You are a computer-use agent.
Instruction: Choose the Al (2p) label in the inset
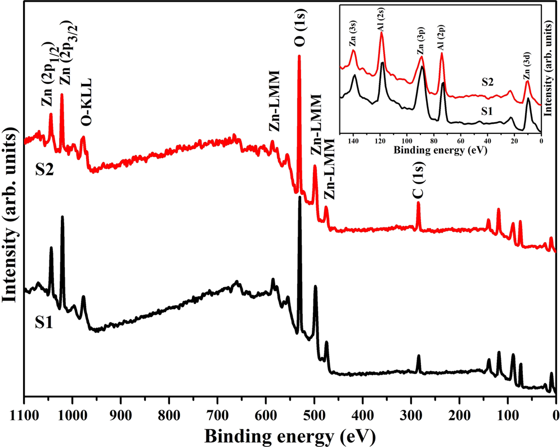pos(442,41)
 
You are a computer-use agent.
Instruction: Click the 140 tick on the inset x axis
pos(353,140)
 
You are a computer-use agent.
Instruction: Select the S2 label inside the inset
pos(488,82)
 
